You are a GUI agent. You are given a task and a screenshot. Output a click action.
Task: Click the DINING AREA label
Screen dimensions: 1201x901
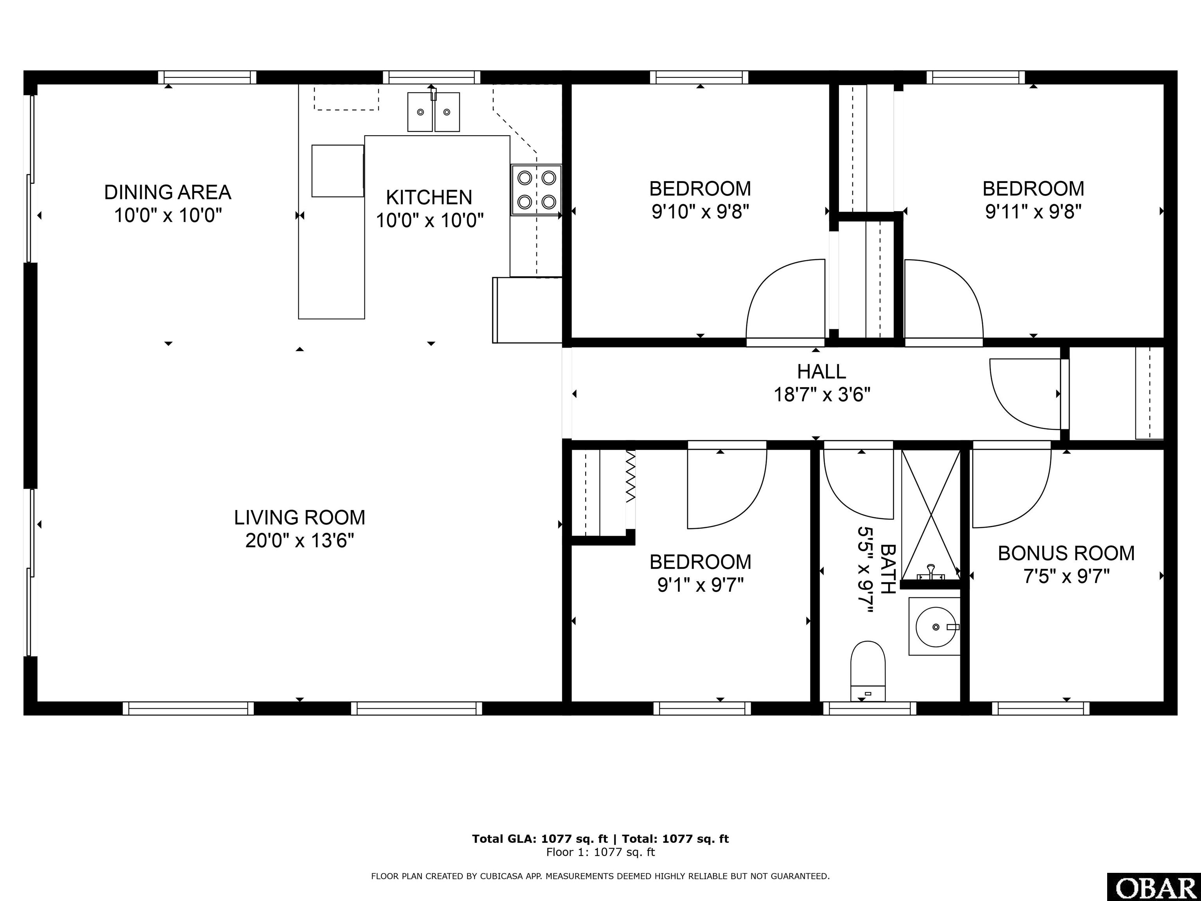click(x=168, y=192)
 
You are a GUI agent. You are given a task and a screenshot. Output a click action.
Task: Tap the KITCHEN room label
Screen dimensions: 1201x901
click(x=429, y=197)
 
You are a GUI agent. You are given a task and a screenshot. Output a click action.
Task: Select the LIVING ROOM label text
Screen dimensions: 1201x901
click(x=300, y=518)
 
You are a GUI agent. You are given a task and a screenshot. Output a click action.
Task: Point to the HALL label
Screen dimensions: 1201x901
click(x=821, y=372)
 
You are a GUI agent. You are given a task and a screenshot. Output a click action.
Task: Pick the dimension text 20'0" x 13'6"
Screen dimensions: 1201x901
click(x=300, y=541)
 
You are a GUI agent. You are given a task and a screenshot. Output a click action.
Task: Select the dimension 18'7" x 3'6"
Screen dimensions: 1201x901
click(x=822, y=395)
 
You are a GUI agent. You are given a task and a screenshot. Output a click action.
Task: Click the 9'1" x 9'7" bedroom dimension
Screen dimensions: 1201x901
click(x=701, y=585)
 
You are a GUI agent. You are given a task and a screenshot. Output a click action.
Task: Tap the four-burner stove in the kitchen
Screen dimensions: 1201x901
click(x=536, y=190)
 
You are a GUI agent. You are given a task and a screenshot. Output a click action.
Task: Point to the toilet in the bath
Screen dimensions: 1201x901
click(x=868, y=671)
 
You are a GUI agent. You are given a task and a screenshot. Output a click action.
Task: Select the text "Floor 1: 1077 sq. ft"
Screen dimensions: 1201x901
click(x=600, y=852)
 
